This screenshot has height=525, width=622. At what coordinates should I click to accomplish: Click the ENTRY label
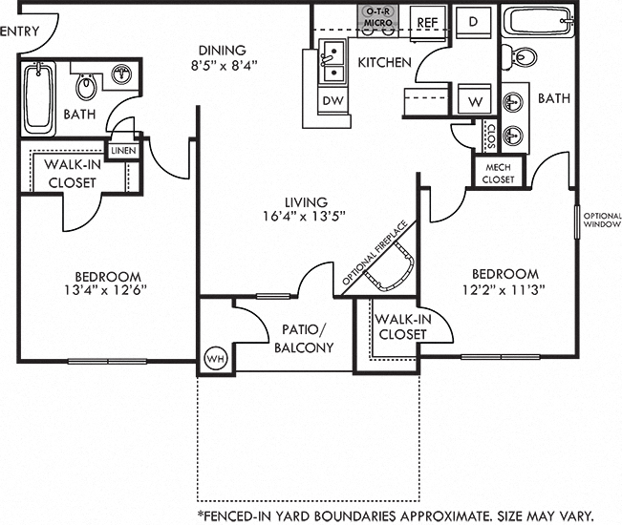[20, 31]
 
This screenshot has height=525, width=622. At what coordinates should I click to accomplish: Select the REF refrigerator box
[426, 20]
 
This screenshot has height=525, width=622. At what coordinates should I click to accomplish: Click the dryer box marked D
[473, 20]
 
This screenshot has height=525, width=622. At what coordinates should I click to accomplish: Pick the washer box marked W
[474, 100]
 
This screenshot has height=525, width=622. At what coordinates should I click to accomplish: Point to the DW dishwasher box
[332, 100]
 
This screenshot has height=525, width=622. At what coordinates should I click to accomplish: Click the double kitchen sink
[333, 61]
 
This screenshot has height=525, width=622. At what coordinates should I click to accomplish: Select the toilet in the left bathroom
[86, 88]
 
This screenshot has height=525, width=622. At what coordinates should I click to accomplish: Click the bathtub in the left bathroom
[40, 98]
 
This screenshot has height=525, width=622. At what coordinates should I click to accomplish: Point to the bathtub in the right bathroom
[539, 23]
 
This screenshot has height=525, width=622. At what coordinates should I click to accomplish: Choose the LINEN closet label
[122, 151]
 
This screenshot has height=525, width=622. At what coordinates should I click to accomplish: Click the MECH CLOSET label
[497, 173]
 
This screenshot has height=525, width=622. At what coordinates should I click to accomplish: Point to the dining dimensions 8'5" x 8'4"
[222, 66]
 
